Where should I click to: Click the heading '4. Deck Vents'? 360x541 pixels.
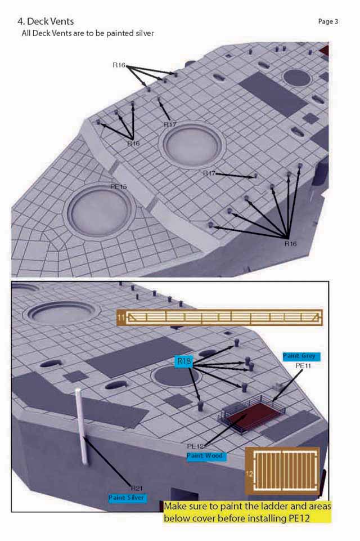pyautogui.click(x=46, y=21)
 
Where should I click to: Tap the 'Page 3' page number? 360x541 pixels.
pyautogui.click(x=328, y=21)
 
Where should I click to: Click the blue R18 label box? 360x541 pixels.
pyautogui.click(x=184, y=361)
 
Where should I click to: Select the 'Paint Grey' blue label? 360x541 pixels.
pyautogui.click(x=301, y=356)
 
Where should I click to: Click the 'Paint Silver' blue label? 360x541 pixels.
pyautogui.click(x=127, y=498)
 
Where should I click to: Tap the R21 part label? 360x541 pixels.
pyautogui.click(x=137, y=488)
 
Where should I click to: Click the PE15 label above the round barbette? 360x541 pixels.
pyautogui.click(x=118, y=187)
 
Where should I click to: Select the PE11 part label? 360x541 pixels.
pyautogui.click(x=303, y=365)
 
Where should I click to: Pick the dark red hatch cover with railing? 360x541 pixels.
pyautogui.click(x=253, y=415)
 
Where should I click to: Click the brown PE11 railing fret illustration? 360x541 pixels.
pyautogui.click(x=220, y=318)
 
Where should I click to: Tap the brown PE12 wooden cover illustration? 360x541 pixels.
pyautogui.click(x=282, y=471)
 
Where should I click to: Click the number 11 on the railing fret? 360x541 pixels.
pyautogui.click(x=121, y=318)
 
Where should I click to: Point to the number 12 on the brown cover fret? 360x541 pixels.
pyautogui.click(x=249, y=473)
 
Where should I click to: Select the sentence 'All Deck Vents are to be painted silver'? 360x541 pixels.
pyautogui.click(x=88, y=33)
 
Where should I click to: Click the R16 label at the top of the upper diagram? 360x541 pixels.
pyautogui.click(x=119, y=65)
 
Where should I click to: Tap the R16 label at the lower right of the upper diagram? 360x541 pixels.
pyautogui.click(x=290, y=244)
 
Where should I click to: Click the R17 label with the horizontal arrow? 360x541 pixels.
pyautogui.click(x=209, y=173)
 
